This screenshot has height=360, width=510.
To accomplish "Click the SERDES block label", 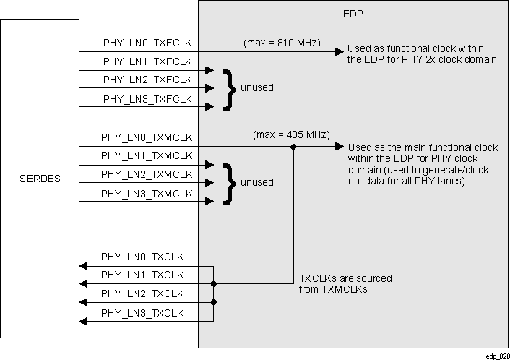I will tap(40, 179).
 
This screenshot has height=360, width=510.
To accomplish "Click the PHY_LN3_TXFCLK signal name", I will tap(147, 99).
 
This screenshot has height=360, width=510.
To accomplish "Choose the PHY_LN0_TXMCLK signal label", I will tap(147, 137).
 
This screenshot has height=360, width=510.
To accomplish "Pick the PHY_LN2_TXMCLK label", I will tap(147, 174).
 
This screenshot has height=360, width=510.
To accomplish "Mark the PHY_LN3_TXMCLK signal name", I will tap(147, 193).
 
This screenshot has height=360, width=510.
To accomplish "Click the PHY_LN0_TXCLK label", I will tap(142, 257).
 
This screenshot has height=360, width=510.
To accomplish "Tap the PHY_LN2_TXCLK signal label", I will tap(142, 294).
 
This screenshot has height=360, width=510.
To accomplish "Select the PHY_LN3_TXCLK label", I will tap(142, 313).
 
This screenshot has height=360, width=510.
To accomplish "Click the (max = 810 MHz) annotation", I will tap(282, 43).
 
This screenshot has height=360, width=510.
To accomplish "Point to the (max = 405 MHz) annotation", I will tap(291, 134).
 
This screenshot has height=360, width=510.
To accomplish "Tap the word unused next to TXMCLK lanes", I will tap(256, 182).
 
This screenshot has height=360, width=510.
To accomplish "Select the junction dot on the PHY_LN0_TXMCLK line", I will tap(293, 146).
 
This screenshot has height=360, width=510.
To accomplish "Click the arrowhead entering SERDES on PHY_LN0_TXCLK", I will tap(83, 265).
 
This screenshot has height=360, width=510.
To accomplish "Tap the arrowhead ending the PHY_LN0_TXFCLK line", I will tap(338, 52).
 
